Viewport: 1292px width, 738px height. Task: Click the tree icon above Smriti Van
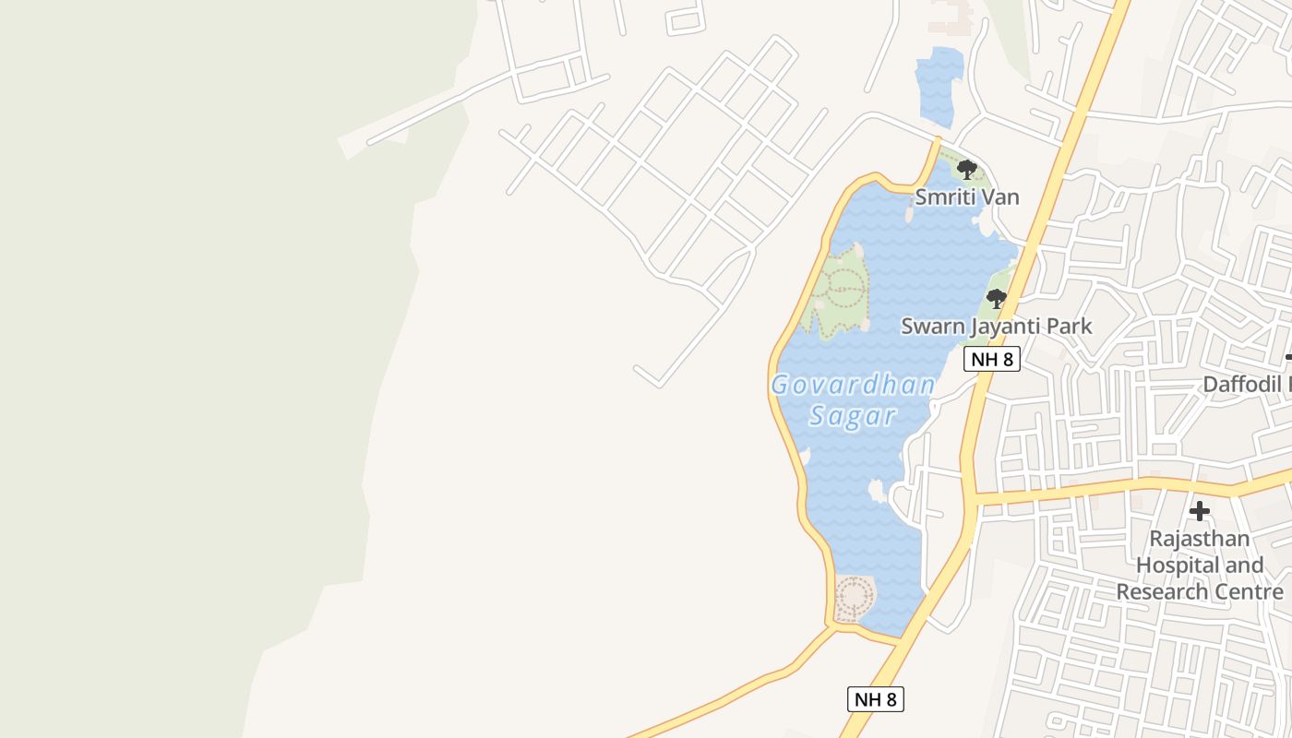point(966,169)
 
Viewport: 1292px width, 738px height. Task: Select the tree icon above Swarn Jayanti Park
point(996,298)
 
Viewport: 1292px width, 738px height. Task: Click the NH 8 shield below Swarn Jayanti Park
point(992,359)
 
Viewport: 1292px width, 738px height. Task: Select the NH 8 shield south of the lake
point(875,698)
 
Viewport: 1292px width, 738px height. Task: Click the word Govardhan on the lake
point(853,385)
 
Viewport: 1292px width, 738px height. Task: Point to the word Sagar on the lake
point(853,416)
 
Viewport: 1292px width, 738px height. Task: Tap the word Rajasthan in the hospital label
point(1199,538)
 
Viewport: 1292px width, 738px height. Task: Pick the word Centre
point(1250,591)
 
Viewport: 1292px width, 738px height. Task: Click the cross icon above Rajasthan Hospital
point(1199,510)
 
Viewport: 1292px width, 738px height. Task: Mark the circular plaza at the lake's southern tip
point(854,598)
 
